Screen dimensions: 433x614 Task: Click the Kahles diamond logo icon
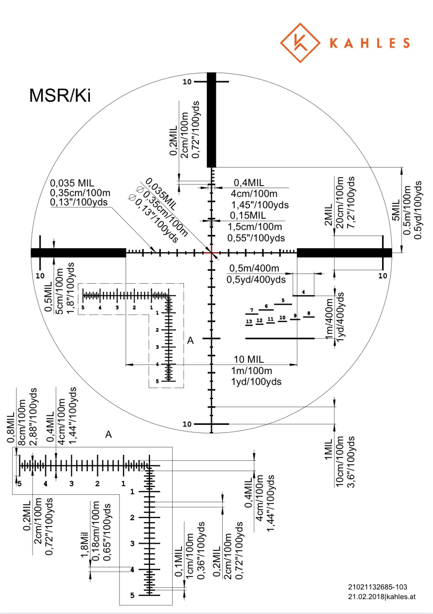click(300, 43)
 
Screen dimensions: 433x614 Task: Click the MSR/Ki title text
click(60, 96)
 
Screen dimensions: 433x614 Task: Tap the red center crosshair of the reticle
click(211, 253)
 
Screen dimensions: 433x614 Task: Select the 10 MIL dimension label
click(249, 359)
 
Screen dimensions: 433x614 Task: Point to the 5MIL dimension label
click(396, 210)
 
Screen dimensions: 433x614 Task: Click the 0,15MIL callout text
click(248, 215)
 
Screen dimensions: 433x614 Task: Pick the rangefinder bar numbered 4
click(303, 295)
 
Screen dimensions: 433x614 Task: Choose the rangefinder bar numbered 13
click(249, 326)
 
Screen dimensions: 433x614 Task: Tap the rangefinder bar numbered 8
click(309, 317)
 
